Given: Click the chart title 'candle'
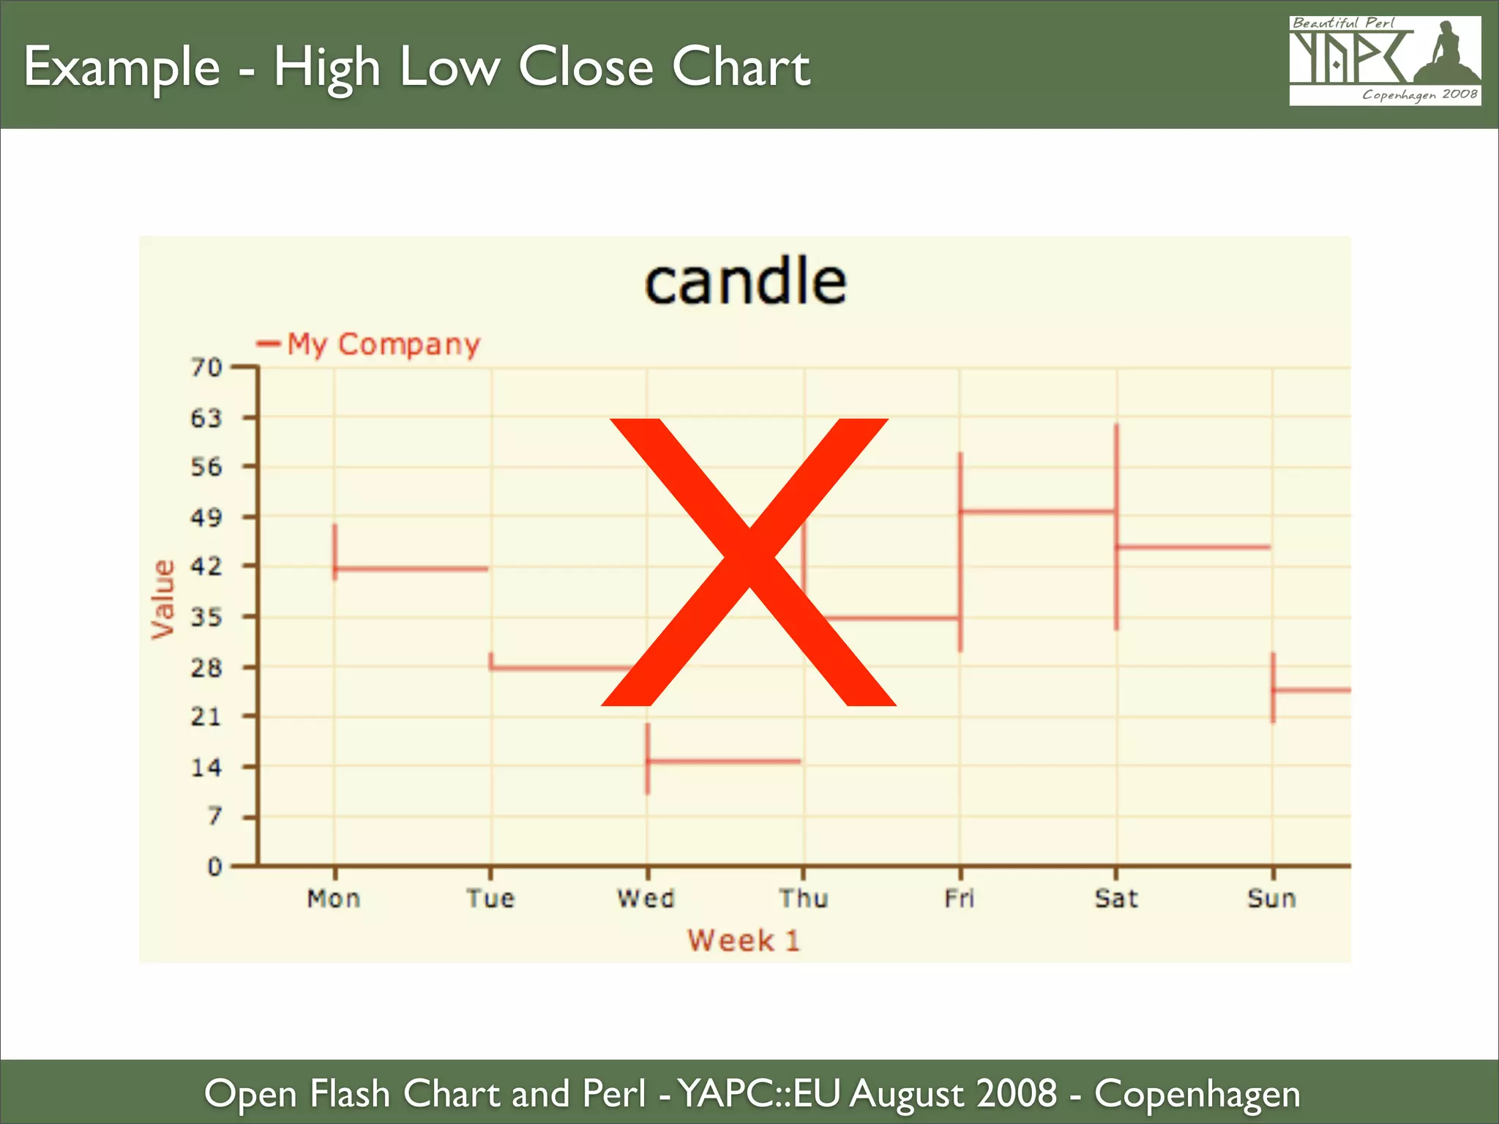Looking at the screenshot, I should [745, 282].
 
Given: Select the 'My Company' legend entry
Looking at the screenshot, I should [382, 344].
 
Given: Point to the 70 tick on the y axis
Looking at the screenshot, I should [206, 367].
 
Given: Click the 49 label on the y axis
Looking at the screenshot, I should [206, 517].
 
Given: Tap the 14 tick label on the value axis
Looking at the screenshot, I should [206, 767].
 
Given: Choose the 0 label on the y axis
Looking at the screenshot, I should [214, 866].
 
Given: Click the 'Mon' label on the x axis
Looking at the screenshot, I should [334, 898].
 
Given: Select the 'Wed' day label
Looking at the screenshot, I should [646, 898].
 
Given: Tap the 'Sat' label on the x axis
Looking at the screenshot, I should [1116, 898].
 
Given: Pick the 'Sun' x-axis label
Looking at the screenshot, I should [1272, 898].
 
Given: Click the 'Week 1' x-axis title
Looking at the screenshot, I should [744, 940].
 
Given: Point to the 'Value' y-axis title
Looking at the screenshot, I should [163, 599].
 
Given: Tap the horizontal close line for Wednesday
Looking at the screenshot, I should [724, 762].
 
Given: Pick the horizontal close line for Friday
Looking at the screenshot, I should [1037, 511].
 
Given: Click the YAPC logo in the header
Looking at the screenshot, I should [1385, 61].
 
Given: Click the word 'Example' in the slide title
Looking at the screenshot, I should [122, 67].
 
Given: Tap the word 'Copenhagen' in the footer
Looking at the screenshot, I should [1197, 1094].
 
